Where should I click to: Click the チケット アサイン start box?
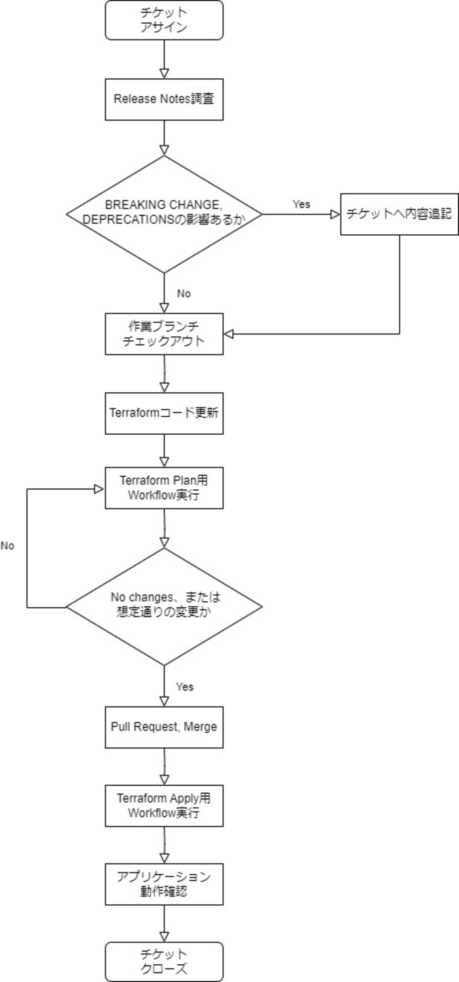click(x=164, y=20)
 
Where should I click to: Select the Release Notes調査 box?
click(x=164, y=100)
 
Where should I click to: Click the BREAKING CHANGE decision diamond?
click(x=164, y=214)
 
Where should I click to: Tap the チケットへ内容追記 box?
click(x=399, y=214)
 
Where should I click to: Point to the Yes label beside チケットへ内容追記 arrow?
click(x=301, y=204)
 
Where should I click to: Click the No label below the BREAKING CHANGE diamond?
click(x=184, y=293)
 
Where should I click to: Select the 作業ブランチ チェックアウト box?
click(x=164, y=334)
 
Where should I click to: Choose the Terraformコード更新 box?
click(x=164, y=413)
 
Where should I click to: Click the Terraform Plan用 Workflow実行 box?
click(x=164, y=488)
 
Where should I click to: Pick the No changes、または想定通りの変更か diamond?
click(x=164, y=607)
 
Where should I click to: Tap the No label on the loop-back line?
click(x=7, y=546)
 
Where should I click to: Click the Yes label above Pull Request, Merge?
click(x=185, y=687)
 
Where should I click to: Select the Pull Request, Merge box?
click(x=164, y=727)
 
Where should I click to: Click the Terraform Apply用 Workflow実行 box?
click(x=164, y=805)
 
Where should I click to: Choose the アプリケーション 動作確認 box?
click(x=164, y=885)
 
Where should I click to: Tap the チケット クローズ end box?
click(x=164, y=962)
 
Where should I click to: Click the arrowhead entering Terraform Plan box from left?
click(x=99, y=489)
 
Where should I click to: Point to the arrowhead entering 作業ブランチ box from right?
click(x=228, y=334)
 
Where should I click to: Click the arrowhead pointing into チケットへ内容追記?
click(x=335, y=215)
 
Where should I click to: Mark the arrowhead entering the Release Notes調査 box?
click(x=164, y=73)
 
